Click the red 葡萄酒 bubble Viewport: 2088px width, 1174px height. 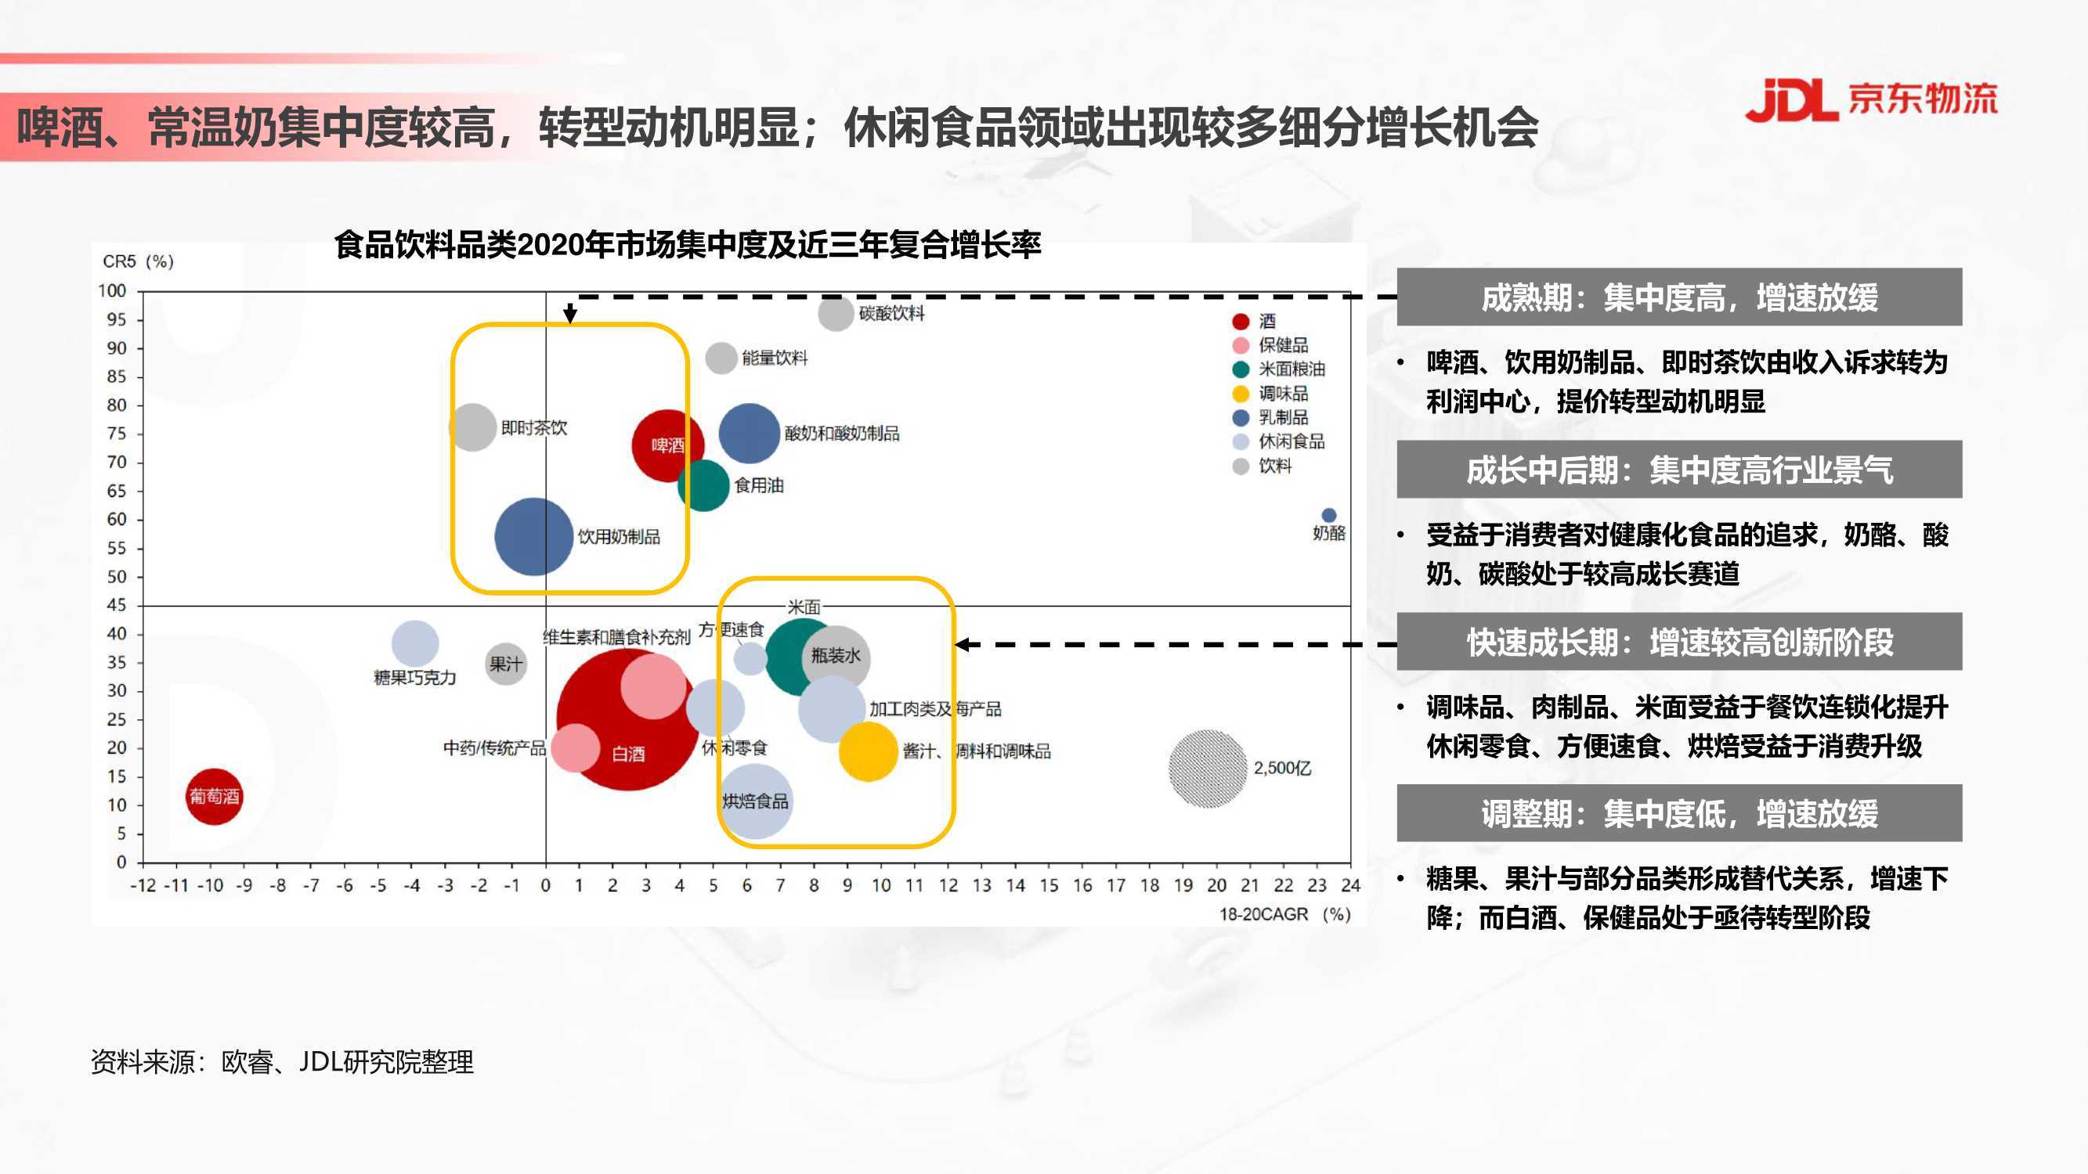tap(214, 797)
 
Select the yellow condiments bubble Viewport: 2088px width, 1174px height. tap(868, 751)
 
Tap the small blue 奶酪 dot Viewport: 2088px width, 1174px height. tap(1328, 515)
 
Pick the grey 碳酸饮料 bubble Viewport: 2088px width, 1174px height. tap(836, 314)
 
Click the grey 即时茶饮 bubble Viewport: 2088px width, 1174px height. tap(472, 427)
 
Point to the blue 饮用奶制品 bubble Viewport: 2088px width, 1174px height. tap(533, 536)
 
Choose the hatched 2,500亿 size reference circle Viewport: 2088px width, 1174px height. tap(1207, 768)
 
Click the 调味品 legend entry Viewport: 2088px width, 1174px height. tap(1270, 394)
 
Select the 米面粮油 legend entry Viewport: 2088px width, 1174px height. tap(1278, 369)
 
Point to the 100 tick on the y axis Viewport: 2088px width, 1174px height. tap(113, 291)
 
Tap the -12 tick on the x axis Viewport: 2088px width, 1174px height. tap(143, 884)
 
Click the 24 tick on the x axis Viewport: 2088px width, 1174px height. tap(1350, 884)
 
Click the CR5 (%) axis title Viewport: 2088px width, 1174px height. tap(138, 261)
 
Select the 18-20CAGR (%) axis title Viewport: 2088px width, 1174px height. tap(1284, 914)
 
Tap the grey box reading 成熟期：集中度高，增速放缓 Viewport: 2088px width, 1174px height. tap(1678, 297)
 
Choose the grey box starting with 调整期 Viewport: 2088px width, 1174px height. tap(1678, 812)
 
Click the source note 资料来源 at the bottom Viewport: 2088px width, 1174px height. tap(281, 1061)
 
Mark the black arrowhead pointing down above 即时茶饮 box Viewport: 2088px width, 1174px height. tap(570, 315)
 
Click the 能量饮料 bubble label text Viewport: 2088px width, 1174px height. tap(774, 358)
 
